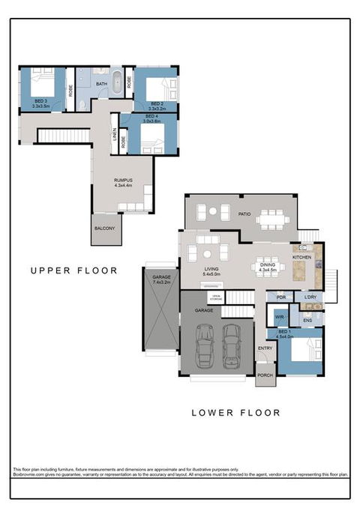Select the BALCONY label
(104, 228)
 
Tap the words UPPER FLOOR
(73, 270)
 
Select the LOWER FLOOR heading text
(235, 412)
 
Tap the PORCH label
(265, 375)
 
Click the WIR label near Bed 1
(278, 317)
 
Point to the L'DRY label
(310, 297)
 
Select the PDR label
(281, 297)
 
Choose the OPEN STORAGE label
(216, 297)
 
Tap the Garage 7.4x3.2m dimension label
(161, 281)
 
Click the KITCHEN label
(301, 257)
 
